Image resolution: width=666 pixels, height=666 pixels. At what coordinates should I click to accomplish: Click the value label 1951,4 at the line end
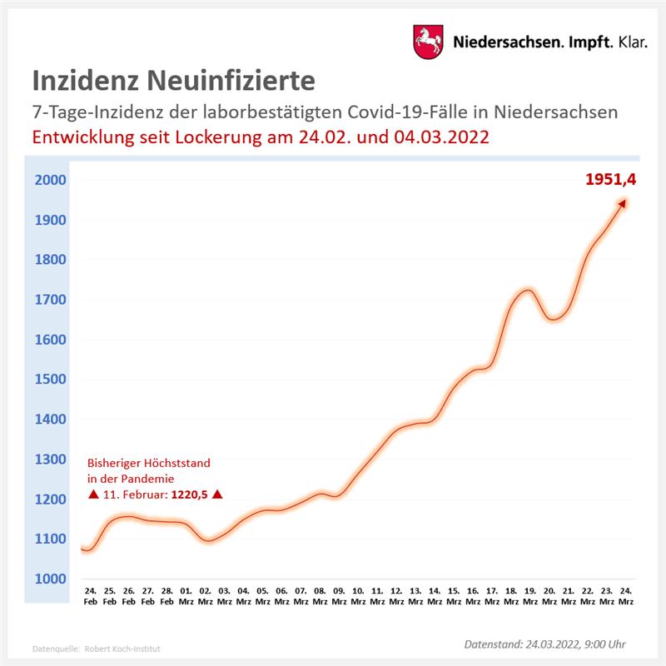coord(604,178)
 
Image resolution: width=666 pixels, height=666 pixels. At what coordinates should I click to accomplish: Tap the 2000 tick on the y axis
coord(51,181)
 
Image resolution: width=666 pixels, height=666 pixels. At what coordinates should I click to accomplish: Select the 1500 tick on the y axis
coord(51,380)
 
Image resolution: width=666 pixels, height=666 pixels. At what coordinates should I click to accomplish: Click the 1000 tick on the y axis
coord(51,579)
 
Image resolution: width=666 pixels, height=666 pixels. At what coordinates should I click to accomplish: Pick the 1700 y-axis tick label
coord(51,300)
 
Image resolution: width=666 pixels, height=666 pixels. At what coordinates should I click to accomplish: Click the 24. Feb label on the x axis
coord(91,596)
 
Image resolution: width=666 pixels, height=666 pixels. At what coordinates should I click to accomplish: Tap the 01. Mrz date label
coord(186,596)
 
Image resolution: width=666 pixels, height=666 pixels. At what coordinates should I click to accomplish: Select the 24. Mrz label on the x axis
coord(625,596)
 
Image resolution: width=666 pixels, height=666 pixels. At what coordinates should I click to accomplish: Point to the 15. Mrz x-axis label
coord(454,596)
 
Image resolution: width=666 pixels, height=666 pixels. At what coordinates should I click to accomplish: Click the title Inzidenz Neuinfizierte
coord(173,81)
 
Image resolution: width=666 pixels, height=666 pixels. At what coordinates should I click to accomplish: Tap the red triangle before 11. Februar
coord(93,495)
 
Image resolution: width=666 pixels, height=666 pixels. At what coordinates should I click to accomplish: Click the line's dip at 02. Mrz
coord(208,539)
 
